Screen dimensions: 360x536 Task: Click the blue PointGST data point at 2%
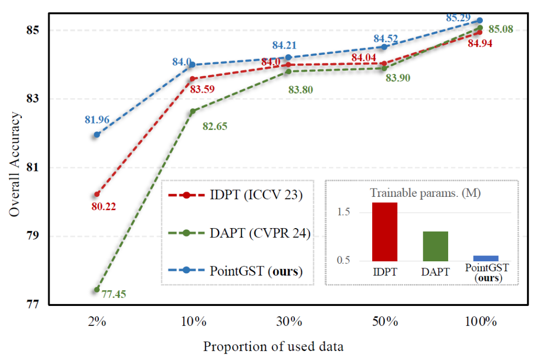97,134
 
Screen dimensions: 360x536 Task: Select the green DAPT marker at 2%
97,289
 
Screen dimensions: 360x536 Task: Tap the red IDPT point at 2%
97,194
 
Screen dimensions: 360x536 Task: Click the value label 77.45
114,295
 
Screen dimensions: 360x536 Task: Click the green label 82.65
215,126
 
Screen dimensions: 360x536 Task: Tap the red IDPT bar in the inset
385,232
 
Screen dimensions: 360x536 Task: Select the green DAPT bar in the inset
435,246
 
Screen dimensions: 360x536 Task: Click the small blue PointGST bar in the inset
486,258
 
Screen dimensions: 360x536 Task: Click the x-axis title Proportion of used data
273,346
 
